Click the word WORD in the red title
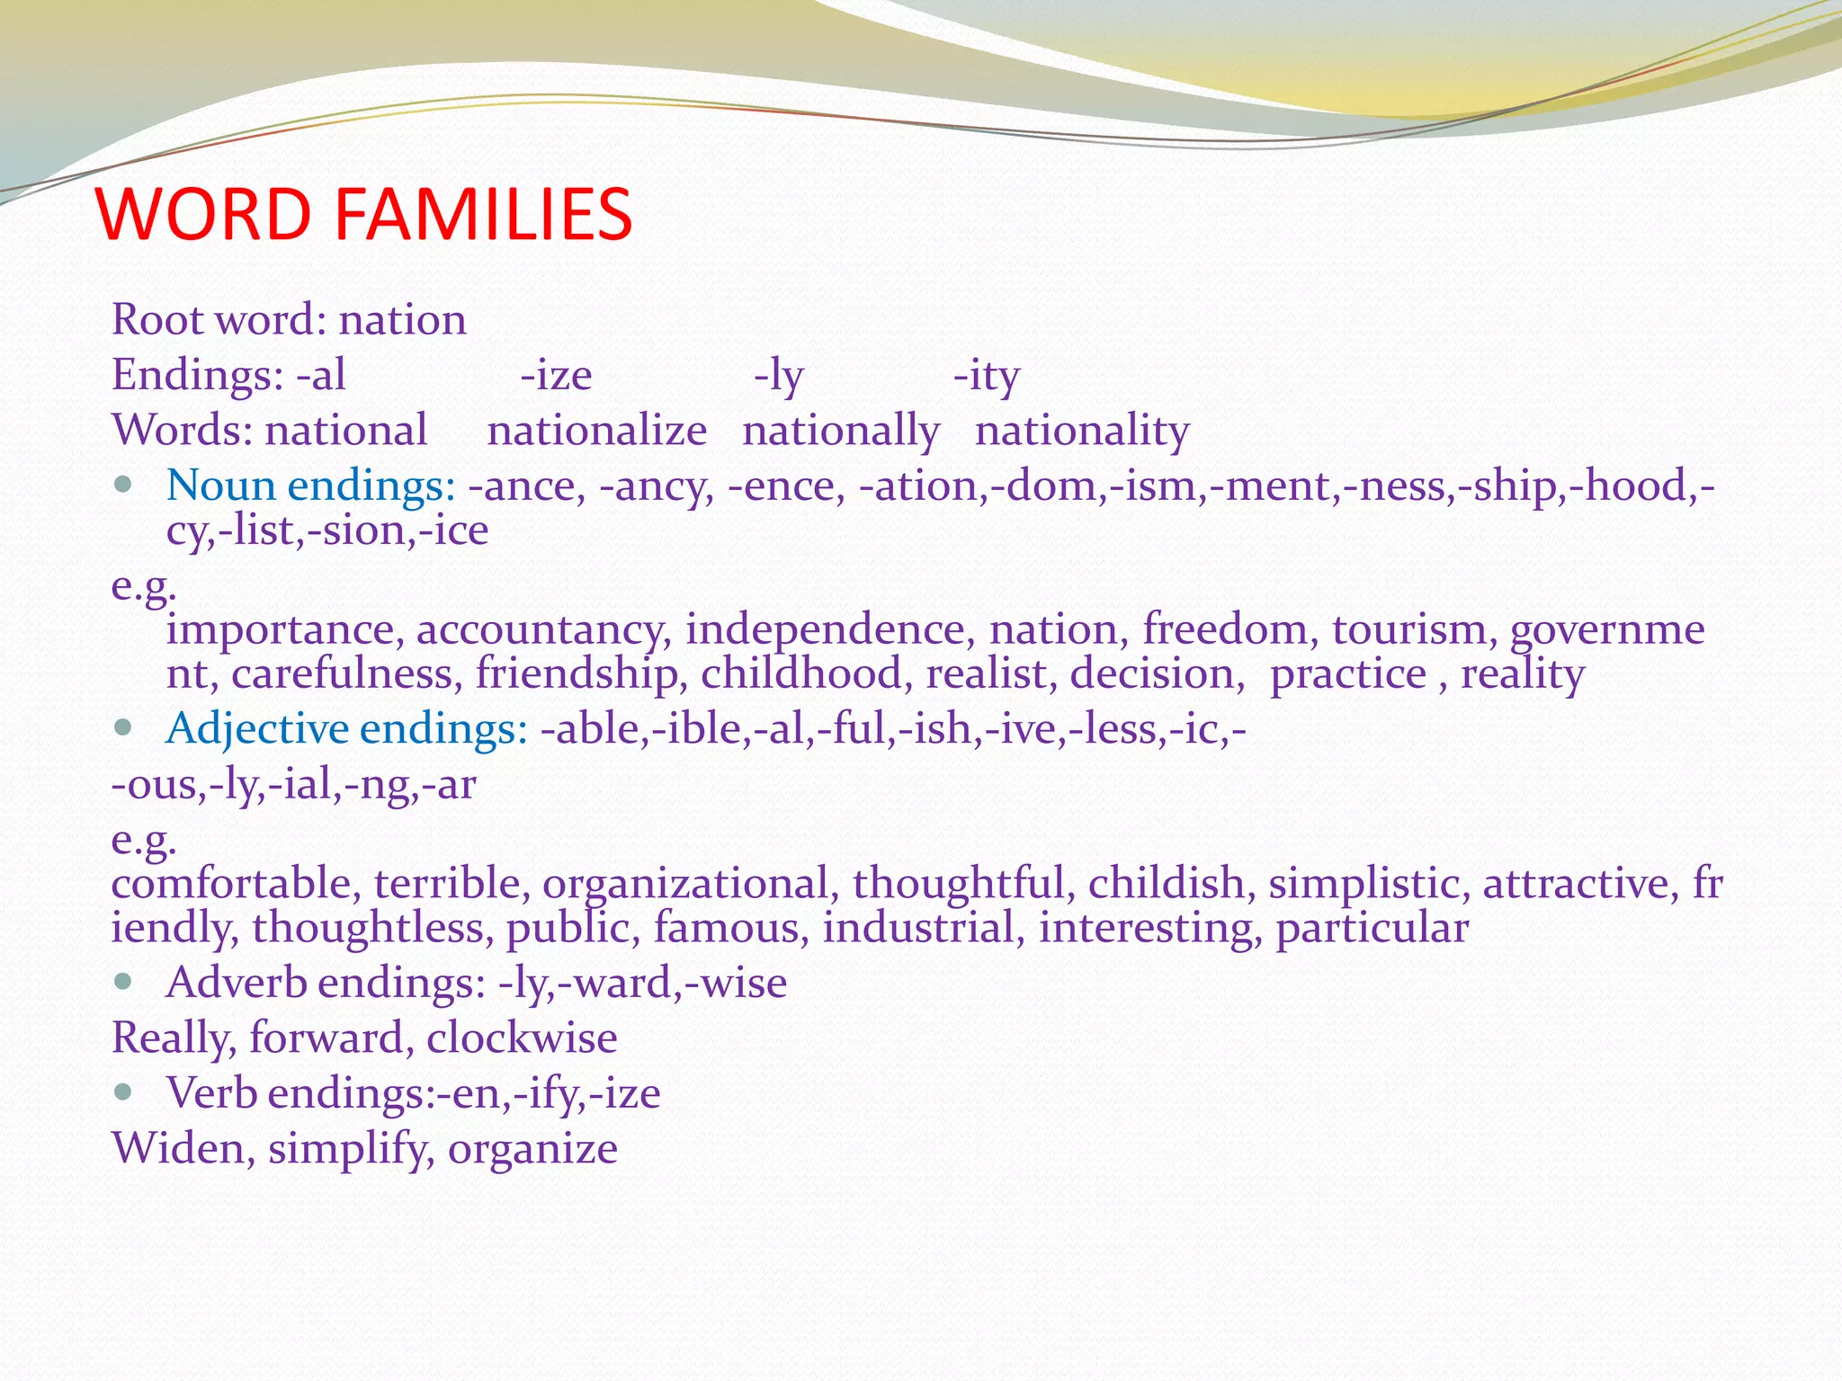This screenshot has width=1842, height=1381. pyautogui.click(x=203, y=215)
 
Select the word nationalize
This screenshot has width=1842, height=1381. pyautogui.click(x=596, y=431)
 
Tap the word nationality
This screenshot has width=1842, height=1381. pyautogui.click(x=1082, y=431)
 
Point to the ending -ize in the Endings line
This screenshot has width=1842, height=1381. pyautogui.click(x=556, y=376)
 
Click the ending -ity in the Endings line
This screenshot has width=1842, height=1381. pyautogui.click(x=986, y=376)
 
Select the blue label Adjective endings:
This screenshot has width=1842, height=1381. pyautogui.click(x=347, y=729)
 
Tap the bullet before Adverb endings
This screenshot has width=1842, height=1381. pyautogui.click(x=124, y=981)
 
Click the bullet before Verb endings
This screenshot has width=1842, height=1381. pyautogui.click(x=124, y=1091)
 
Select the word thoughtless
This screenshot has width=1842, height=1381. pyautogui.click(x=372, y=929)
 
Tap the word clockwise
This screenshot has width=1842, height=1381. pyautogui.click(x=522, y=1038)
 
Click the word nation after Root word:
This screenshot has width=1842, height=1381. pyautogui.click(x=402, y=320)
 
